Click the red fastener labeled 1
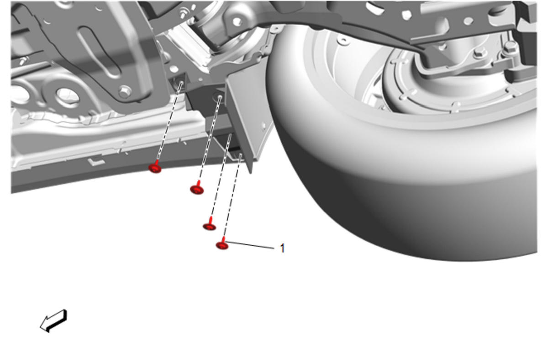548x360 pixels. pos(222,244)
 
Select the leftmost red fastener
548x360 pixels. pos(155,167)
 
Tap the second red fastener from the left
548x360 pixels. pos(197,188)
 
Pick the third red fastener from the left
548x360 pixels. pos(210,226)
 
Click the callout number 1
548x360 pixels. pos(282,249)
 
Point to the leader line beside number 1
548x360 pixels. pos(251,245)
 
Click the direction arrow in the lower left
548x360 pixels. pos(53,321)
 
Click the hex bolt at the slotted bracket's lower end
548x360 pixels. pos(124,91)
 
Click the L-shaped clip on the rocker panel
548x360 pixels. pos(96,162)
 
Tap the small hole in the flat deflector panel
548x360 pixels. pos(264,125)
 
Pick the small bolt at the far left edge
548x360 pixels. pos(25,60)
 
